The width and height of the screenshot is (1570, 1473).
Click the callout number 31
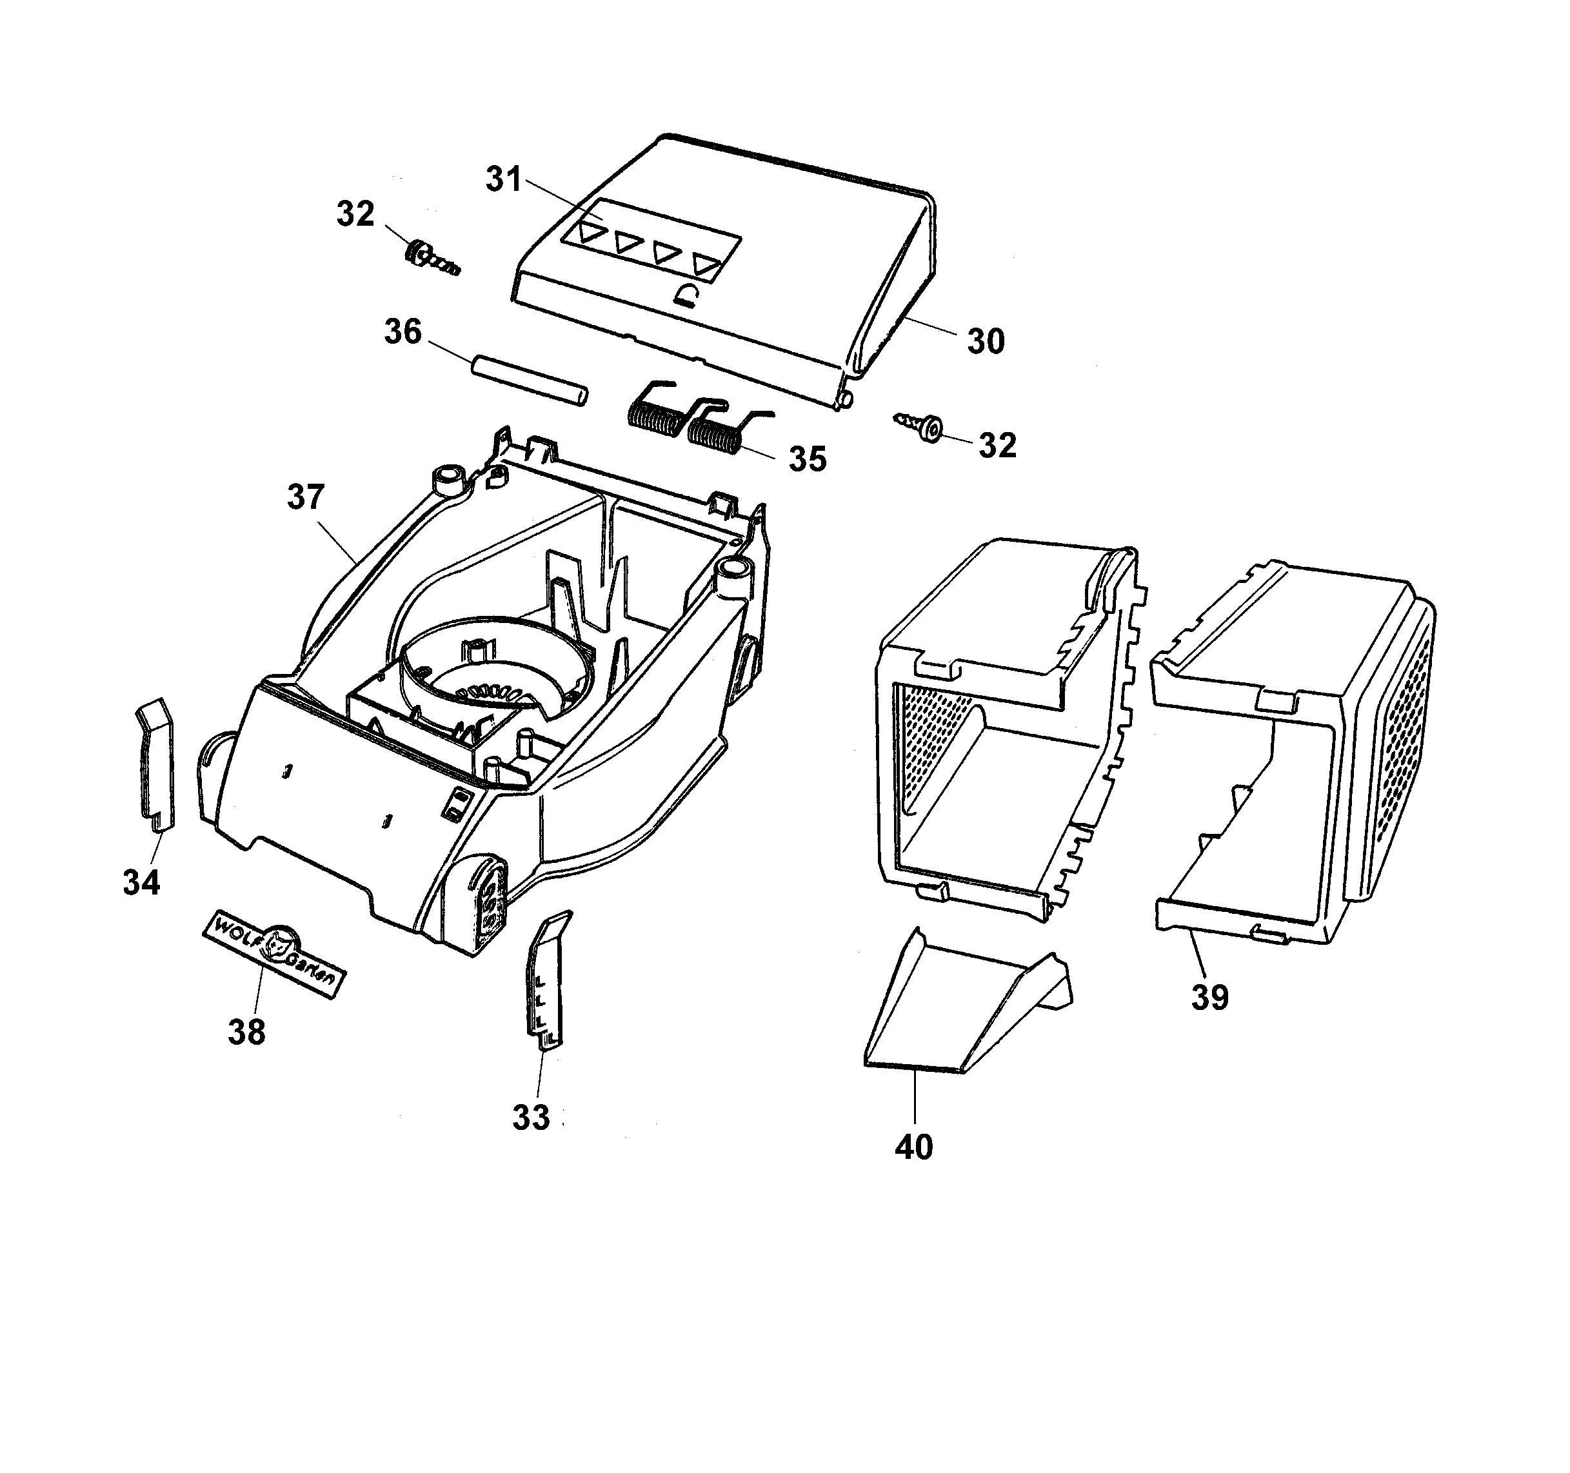click(504, 179)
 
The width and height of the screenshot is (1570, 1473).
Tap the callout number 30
click(986, 341)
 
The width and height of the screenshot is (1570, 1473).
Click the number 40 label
click(914, 1147)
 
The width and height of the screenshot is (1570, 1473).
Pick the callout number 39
click(1210, 998)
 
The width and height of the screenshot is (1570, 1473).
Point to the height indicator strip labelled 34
click(155, 764)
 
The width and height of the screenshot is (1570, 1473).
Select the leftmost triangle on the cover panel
click(590, 233)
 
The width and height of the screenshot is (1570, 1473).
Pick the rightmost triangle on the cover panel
click(707, 264)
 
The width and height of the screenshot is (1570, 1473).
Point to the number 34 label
click(142, 882)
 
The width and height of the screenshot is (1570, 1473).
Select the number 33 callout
click(532, 1117)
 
